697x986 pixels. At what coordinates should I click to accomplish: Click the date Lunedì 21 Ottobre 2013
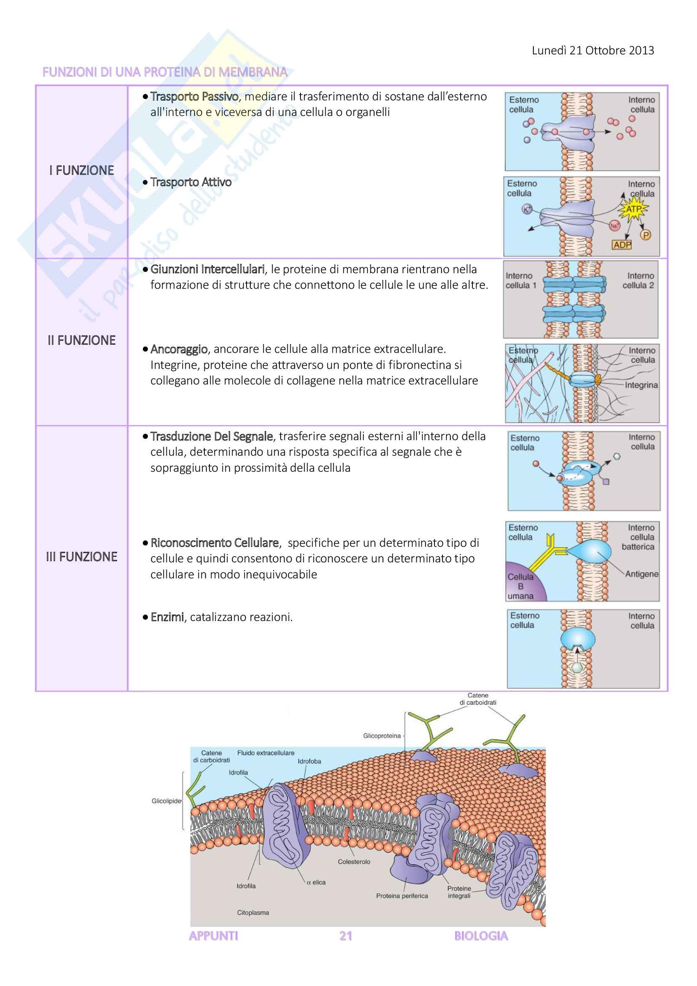coord(593,51)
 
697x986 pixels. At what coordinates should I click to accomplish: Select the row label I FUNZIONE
coord(82,170)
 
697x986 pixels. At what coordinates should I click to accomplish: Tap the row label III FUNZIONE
coord(82,557)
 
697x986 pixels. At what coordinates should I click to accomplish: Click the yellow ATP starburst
coord(633,210)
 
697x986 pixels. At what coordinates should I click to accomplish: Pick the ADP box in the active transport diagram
coord(622,245)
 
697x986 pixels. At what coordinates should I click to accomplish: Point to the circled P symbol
coord(646,235)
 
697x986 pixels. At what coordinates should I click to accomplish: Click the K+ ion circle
coord(527,209)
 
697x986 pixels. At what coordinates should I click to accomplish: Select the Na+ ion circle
coord(614,225)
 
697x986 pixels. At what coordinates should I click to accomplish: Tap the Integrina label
coord(641,385)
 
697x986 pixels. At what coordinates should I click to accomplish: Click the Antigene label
coord(641,574)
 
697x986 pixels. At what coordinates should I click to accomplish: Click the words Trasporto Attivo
coord(191,183)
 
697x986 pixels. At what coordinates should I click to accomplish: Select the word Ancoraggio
coord(179,349)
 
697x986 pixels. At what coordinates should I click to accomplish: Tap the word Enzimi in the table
coord(167,618)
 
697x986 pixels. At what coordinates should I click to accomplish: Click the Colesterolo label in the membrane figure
coord(354,862)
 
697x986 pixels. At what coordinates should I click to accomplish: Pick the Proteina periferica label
coord(402,896)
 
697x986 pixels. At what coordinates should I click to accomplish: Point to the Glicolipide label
coord(166,801)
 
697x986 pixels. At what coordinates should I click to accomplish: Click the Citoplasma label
coord(253,913)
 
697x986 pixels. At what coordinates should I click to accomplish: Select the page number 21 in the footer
coord(346,936)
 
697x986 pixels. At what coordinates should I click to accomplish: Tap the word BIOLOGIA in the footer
coord(481,936)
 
